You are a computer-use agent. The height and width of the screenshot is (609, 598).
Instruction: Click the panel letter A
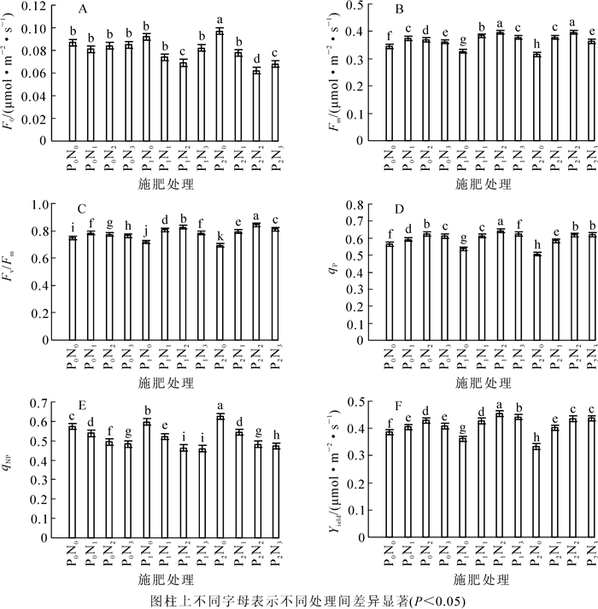(x=83, y=9)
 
